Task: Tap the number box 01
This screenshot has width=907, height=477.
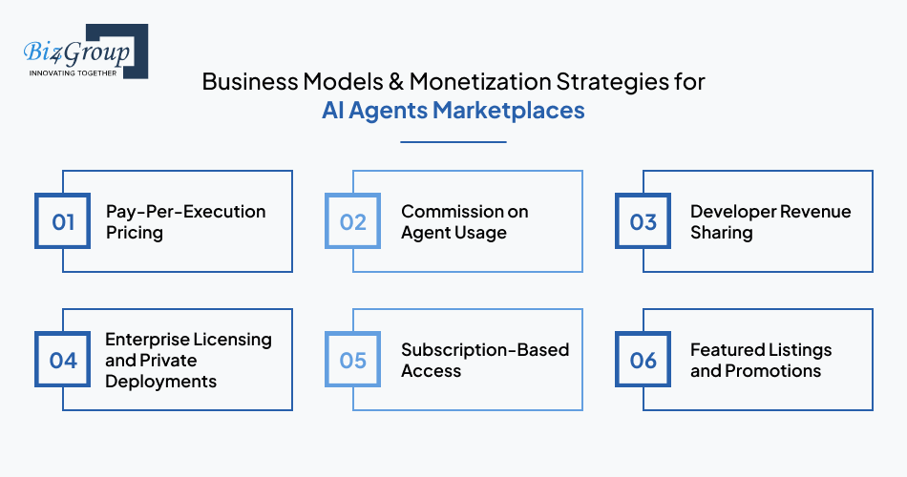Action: coord(63,222)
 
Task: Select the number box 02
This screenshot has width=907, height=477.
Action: coord(353,222)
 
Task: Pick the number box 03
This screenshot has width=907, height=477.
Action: coord(643,222)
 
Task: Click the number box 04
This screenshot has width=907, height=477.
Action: coord(63,360)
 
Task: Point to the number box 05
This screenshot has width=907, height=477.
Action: coord(353,360)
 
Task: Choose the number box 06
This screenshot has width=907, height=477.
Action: coord(643,360)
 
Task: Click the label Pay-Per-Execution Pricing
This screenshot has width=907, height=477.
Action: coord(185,221)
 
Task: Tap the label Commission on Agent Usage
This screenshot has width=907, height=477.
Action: coord(464,221)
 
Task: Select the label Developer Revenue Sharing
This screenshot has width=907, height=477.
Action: coord(770,221)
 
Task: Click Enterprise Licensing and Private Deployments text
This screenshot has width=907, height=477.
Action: coord(188,360)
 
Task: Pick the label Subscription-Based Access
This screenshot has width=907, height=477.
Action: coord(484,360)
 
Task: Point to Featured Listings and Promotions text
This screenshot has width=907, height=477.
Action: coord(760,360)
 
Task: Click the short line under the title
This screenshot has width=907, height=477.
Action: coord(453,141)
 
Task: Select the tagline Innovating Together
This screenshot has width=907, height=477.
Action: coord(73,73)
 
